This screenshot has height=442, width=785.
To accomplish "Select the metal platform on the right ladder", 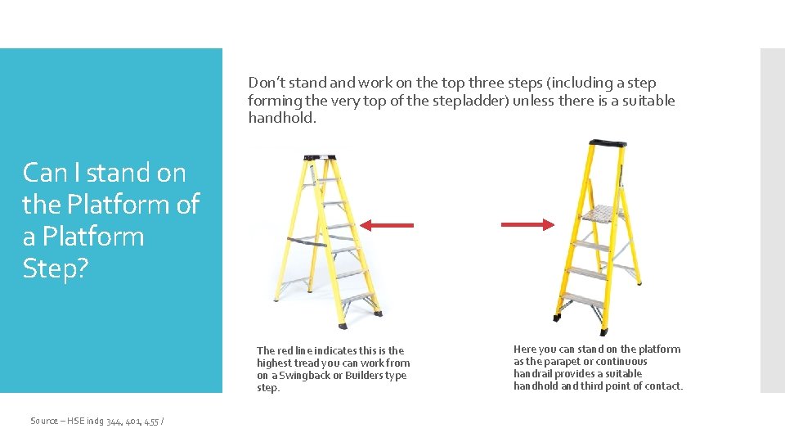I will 601,215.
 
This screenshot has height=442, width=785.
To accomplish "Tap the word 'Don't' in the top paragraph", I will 267,83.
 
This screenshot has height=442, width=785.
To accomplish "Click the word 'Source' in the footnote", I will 44,421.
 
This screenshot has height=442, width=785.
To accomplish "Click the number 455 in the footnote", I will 152,421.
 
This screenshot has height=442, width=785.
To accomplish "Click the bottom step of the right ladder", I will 583,300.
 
